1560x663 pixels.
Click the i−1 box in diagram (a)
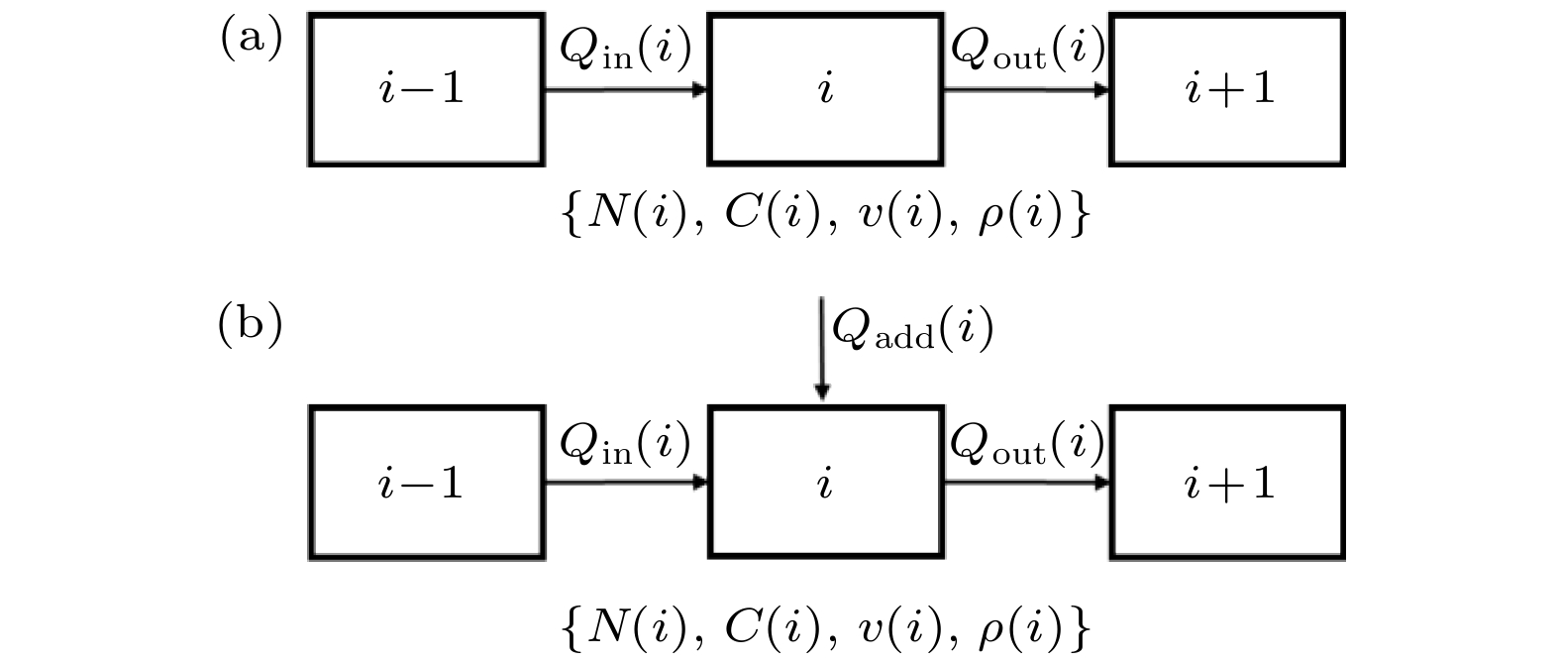pos(426,89)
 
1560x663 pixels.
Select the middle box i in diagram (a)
pos(825,89)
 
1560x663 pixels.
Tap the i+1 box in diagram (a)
pos(1227,89)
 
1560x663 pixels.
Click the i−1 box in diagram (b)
pos(426,483)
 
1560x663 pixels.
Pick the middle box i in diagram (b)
pos(825,483)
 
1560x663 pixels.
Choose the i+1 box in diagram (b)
pos(1227,483)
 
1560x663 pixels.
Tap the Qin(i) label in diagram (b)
pos(625,444)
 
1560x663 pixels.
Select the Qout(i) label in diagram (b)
pos(1026,444)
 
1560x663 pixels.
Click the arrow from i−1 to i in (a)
pos(626,90)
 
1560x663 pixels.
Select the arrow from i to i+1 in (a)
pos(1026,90)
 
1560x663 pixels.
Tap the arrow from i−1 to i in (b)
pos(626,483)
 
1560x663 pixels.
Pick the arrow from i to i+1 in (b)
pos(1026,483)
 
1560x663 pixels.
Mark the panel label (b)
pos(251,326)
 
